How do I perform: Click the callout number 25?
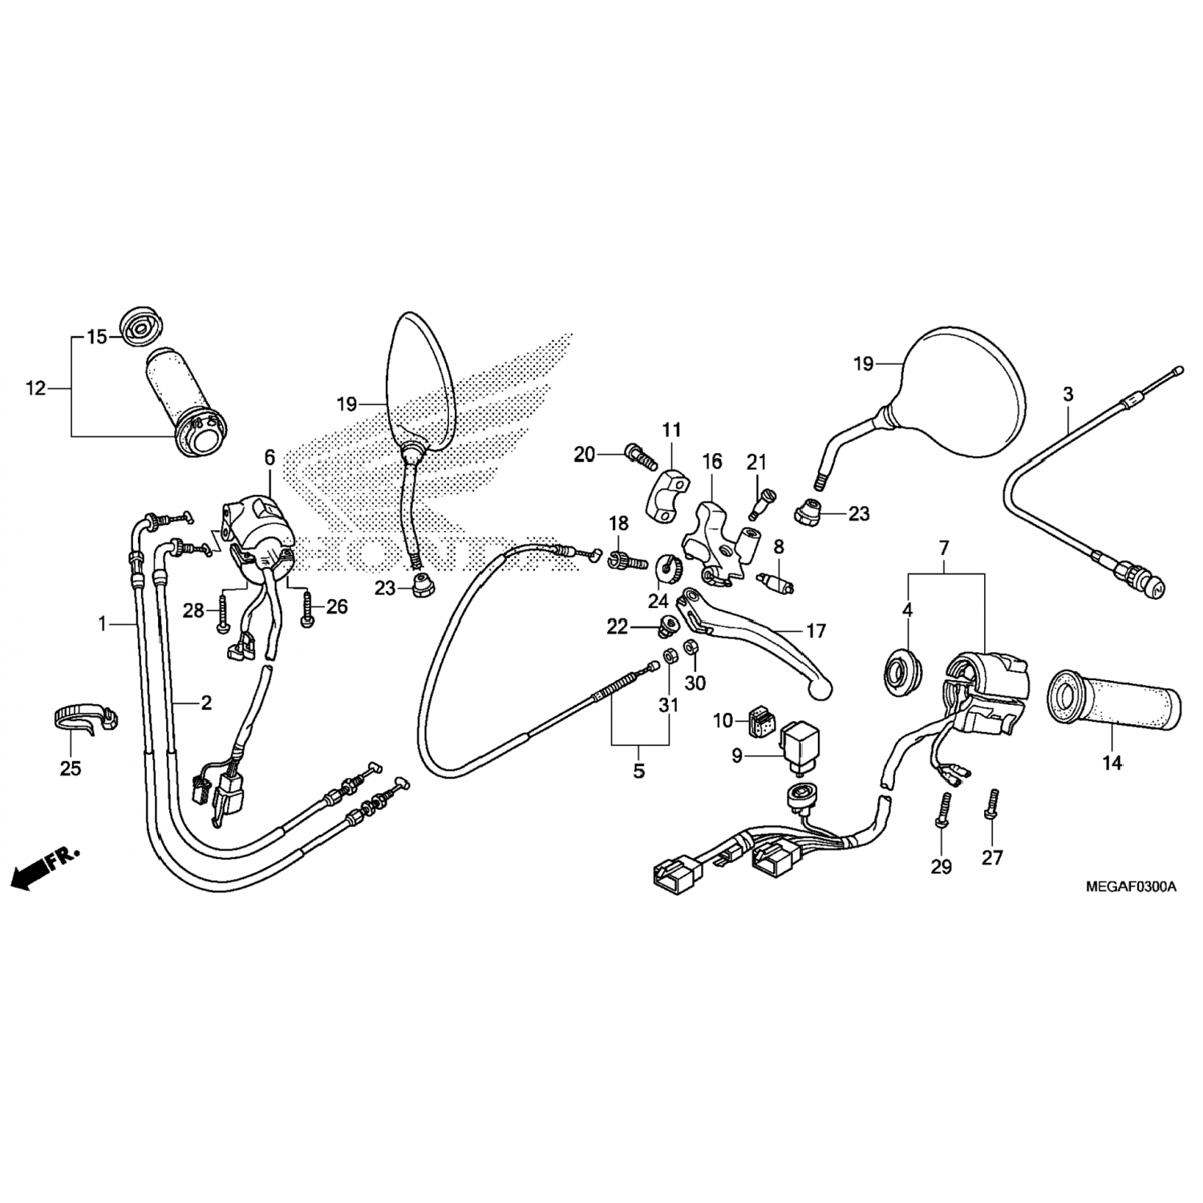click(71, 768)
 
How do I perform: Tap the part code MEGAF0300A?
click(1131, 886)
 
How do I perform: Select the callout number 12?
click(36, 389)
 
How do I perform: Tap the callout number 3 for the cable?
click(1067, 394)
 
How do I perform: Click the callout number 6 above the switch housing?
click(269, 458)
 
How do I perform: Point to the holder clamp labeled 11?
click(666, 492)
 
